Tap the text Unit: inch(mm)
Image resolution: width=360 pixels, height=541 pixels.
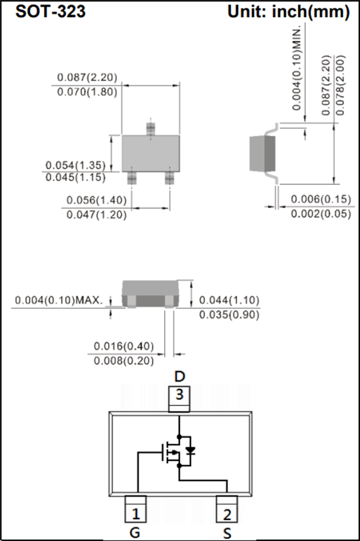tap(288, 12)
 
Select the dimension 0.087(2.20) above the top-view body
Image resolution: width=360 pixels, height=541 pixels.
tap(87, 78)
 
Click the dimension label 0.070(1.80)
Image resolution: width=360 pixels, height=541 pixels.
tap(87, 92)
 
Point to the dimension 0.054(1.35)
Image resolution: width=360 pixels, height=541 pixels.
tap(76, 165)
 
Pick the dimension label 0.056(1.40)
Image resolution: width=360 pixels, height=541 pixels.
tap(96, 200)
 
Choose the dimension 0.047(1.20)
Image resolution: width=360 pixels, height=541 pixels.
tap(96, 215)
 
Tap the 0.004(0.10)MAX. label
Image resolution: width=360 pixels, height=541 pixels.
tap(59, 300)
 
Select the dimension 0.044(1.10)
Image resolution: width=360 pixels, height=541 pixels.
tap(229, 300)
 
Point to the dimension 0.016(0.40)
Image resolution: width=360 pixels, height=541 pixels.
tap(124, 346)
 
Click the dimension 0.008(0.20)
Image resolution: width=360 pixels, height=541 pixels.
tap(124, 361)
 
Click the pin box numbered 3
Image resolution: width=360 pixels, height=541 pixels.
tap(179, 396)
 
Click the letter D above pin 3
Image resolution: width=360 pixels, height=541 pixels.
tap(180, 376)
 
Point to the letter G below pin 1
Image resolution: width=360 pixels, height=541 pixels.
tap(135, 533)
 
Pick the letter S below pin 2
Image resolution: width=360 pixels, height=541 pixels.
tap(228, 533)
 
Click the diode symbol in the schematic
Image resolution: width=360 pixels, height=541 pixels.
tap(191, 449)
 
